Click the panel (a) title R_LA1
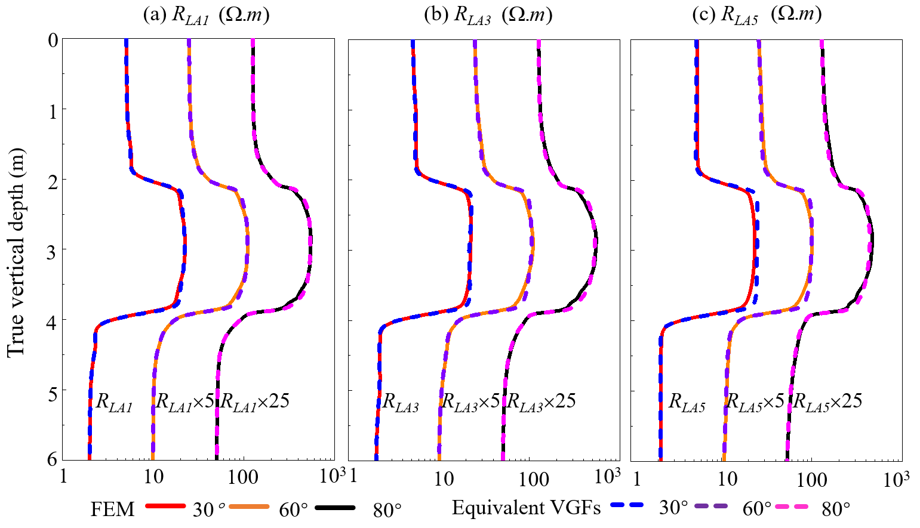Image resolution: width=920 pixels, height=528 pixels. [x=206, y=14]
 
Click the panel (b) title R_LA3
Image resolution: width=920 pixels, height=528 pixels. [x=488, y=14]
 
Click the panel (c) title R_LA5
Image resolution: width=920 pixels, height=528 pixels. [x=756, y=14]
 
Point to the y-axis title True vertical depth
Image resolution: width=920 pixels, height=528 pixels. [x=16, y=251]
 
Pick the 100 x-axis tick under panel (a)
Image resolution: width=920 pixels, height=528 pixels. [x=243, y=477]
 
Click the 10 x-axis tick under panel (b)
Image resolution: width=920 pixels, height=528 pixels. [x=444, y=478]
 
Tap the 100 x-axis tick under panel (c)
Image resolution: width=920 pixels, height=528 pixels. [x=812, y=479]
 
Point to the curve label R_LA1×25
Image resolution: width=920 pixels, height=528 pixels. [x=255, y=402]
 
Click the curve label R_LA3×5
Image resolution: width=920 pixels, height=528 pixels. [x=470, y=402]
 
